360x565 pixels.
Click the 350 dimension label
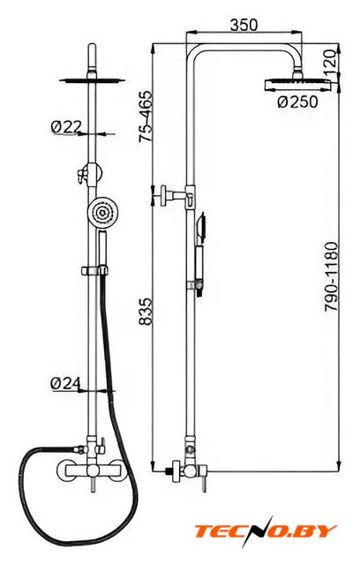click(x=244, y=26)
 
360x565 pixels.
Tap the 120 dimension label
click(x=332, y=61)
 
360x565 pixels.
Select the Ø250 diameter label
click(x=298, y=102)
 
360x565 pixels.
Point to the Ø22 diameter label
click(x=66, y=126)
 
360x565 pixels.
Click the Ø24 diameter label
click(x=65, y=383)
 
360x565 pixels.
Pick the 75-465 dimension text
click(x=146, y=117)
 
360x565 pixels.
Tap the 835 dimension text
click(x=146, y=312)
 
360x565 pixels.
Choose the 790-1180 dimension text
click(x=332, y=276)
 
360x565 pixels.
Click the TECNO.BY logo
click(x=266, y=531)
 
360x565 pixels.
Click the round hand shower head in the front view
click(x=102, y=213)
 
